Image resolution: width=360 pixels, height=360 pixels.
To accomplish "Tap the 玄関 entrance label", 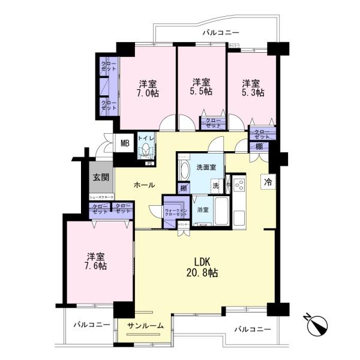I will click(100, 177).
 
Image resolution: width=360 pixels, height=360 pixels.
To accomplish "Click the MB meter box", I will click(125, 143).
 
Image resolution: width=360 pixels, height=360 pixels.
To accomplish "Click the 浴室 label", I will click(203, 210).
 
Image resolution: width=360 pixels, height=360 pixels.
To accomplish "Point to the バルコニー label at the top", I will click(220, 32).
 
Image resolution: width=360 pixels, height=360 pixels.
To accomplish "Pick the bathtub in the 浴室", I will click(221, 211).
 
